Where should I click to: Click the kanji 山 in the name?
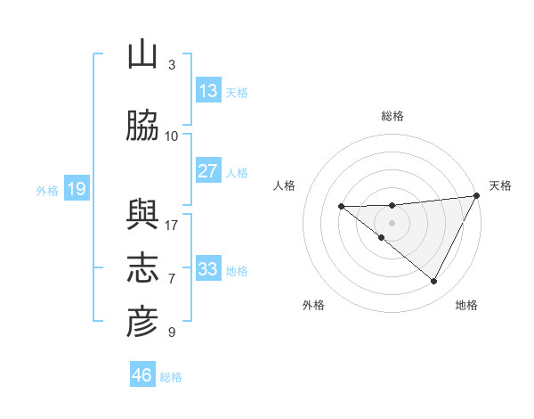tap(142, 56)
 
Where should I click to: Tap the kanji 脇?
tap(142, 127)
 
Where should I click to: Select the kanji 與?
tap(142, 215)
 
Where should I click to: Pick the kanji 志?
tap(142, 268)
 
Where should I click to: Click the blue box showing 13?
tap(208, 91)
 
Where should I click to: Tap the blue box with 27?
tap(208, 171)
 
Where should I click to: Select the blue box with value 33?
tap(208, 269)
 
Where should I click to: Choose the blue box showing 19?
tap(76, 189)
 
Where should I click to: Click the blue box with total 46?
tap(142, 375)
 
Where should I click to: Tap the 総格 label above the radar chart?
tap(392, 116)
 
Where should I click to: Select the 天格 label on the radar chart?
tap(500, 185)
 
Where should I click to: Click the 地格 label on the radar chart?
tap(466, 305)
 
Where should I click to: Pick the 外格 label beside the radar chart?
tap(313, 305)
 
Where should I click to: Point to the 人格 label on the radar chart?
tap(285, 185)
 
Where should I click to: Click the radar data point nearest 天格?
tap(476, 195)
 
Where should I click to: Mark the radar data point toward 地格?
tap(434, 281)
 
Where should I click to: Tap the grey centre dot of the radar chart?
tap(392, 222)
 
